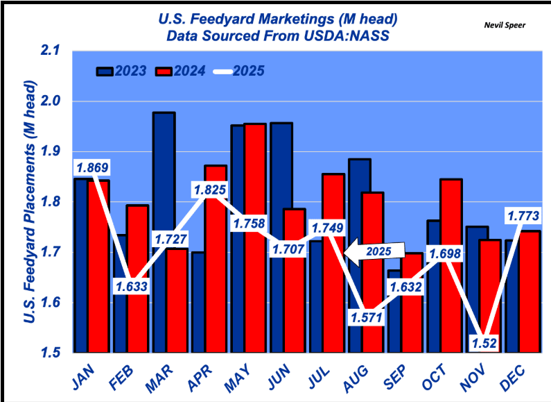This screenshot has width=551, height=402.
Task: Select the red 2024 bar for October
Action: coord(451,264)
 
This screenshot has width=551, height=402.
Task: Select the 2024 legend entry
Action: coord(181,71)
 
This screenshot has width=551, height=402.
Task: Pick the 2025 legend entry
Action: coord(238,71)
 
